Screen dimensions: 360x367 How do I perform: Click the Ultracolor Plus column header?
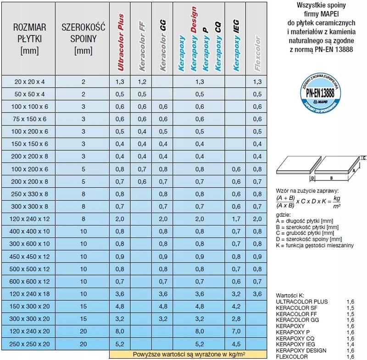point(121,48)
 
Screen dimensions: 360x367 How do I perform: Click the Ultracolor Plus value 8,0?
point(121,330)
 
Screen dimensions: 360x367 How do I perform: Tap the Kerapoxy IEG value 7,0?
point(236,330)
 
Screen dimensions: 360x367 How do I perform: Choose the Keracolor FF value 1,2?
point(142,82)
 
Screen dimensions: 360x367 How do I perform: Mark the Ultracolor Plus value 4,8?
point(121,305)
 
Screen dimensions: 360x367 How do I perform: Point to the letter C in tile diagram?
point(363,158)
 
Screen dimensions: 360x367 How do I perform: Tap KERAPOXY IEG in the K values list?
point(296,343)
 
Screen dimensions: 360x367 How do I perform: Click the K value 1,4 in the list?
point(350,343)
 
